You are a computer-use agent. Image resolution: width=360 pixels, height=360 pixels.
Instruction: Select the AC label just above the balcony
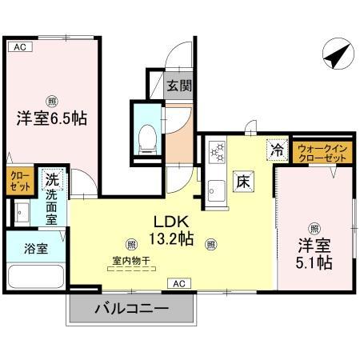point(179,283)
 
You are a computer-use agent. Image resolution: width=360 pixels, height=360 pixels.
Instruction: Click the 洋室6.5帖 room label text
point(52,118)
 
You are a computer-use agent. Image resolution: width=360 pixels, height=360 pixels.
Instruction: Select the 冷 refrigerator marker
point(277,150)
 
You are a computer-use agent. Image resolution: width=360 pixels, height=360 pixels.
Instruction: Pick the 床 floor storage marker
point(243,182)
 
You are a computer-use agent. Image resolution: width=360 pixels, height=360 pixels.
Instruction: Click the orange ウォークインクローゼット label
point(322,153)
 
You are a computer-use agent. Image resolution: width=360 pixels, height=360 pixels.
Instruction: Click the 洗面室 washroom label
point(52,206)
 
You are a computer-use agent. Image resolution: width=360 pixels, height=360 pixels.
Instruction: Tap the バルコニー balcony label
point(132,308)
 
